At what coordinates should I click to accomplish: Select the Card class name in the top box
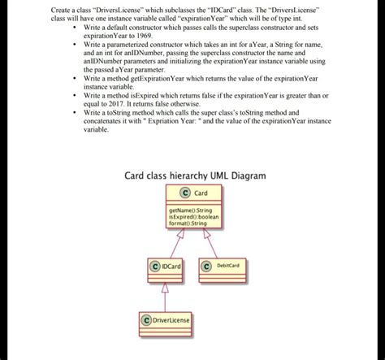[200, 193]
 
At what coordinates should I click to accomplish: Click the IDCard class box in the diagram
[165, 266]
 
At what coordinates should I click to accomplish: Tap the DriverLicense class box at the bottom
[165, 320]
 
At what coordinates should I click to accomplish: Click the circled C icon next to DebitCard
[206, 266]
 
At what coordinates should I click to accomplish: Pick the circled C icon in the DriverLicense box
[146, 320]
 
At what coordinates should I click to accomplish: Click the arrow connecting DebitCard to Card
[210, 242]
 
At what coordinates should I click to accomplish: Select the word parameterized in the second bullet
[126, 46]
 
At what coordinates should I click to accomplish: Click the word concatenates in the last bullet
[102, 120]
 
